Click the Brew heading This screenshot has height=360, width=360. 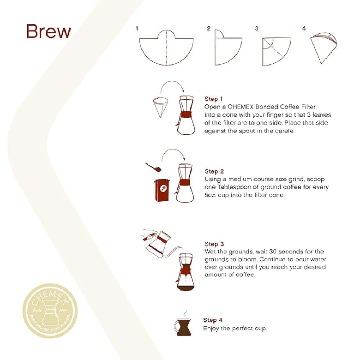click(x=49, y=32)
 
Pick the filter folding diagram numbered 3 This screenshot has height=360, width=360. click(x=276, y=51)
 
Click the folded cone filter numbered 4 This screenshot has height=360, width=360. click(x=324, y=47)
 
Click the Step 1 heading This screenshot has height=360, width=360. click(x=214, y=99)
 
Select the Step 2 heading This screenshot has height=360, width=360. click(x=214, y=171)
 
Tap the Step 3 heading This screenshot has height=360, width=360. click(x=214, y=244)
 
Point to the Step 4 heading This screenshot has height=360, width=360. click(x=213, y=320)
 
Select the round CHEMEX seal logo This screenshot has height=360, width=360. click(x=50, y=311)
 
